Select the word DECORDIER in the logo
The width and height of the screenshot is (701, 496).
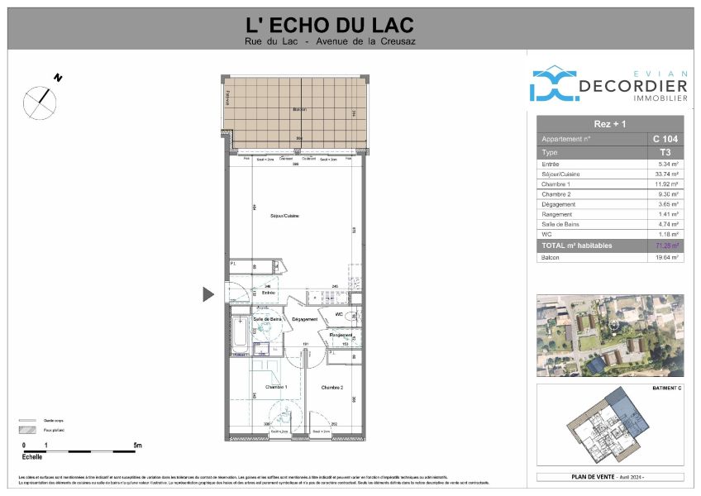[633, 87]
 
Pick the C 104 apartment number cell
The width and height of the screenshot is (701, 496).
[665, 139]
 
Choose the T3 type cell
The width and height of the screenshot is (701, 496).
[665, 152]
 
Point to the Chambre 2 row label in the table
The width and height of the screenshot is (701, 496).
[560, 194]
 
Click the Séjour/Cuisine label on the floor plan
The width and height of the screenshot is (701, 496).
[284, 217]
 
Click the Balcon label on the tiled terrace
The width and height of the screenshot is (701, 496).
[299, 109]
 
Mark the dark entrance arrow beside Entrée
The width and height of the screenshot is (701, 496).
[208, 293]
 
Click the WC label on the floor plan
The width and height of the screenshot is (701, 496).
[339, 315]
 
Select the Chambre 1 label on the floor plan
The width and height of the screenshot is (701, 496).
[275, 386]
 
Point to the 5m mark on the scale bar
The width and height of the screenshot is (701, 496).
[137, 446]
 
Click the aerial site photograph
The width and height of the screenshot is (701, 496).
[610, 335]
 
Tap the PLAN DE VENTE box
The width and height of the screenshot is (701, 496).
[610, 477]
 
